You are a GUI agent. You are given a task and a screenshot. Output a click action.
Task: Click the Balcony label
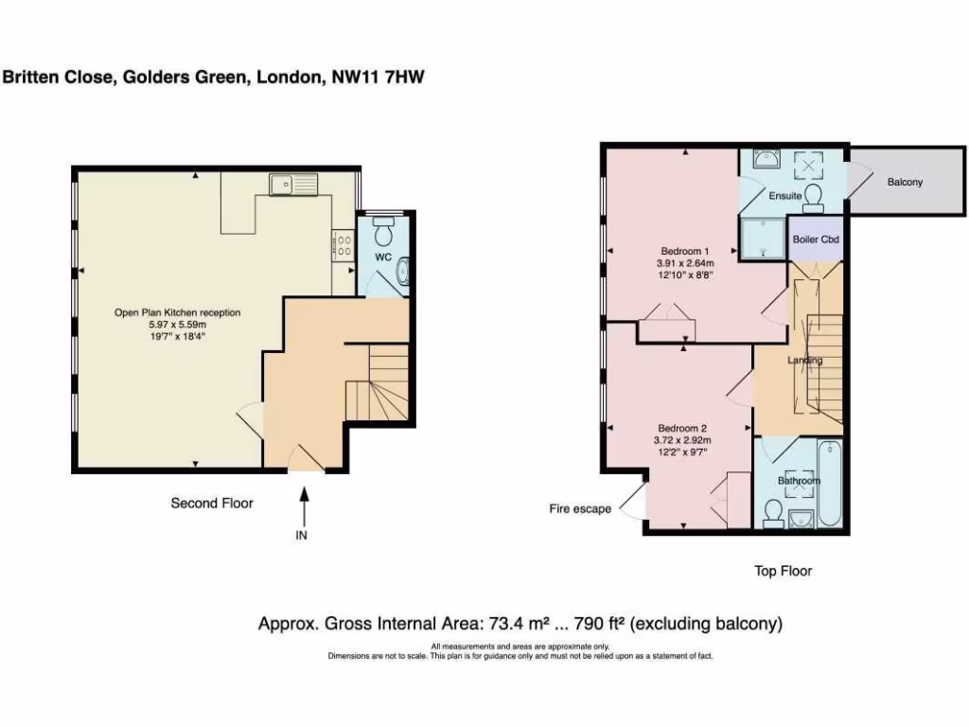pos(905,182)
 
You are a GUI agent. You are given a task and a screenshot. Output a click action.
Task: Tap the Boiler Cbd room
pos(816,239)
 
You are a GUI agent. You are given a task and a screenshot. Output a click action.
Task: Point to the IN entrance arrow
pos(305,511)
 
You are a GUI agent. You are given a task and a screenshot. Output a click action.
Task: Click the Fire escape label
pos(580,509)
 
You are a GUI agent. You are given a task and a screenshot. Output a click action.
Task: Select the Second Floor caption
pos(212,504)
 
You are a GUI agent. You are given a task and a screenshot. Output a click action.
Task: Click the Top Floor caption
pos(783,571)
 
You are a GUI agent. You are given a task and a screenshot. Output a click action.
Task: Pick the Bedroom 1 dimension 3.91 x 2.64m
pos(685,263)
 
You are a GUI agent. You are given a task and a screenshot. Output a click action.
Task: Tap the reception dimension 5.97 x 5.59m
pos(178,324)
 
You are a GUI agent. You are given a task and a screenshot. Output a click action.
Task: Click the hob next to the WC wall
pos(341,245)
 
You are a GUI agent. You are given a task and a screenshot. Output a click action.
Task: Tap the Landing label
pos(805,361)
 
